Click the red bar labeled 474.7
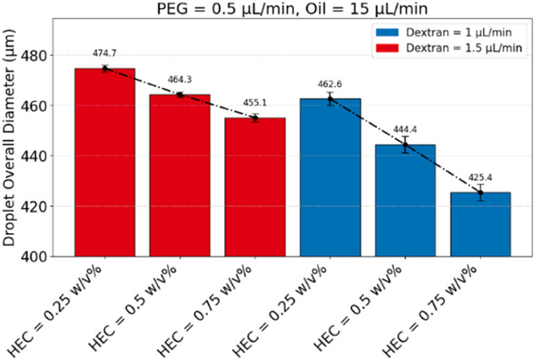104,162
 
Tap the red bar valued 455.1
255,187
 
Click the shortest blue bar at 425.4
480,224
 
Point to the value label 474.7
104,54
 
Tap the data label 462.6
330,85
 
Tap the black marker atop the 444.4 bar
405,144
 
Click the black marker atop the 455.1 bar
255,118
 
